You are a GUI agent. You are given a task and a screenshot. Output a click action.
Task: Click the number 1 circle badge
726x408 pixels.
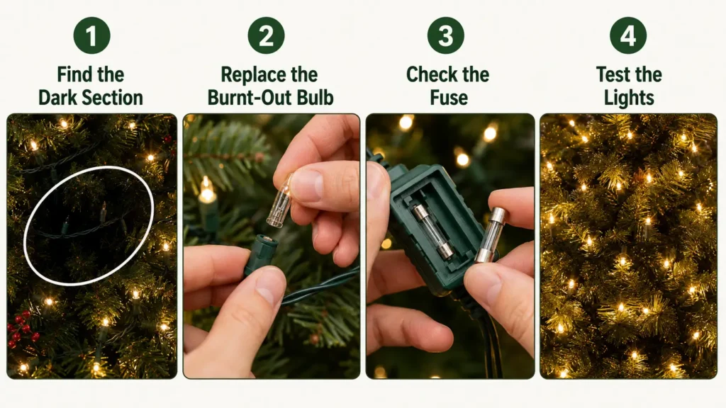(91, 35)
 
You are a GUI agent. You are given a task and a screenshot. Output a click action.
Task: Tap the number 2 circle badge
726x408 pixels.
(267, 35)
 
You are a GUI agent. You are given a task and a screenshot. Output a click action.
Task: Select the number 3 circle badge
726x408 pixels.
(445, 35)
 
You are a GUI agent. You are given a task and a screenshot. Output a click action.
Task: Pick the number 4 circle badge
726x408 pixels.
(628, 35)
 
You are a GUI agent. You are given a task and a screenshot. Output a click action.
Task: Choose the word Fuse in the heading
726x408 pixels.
(449, 98)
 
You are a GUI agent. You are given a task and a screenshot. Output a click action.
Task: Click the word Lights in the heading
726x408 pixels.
(629, 98)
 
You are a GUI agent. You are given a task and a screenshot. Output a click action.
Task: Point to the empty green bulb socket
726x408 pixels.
(262, 253)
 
